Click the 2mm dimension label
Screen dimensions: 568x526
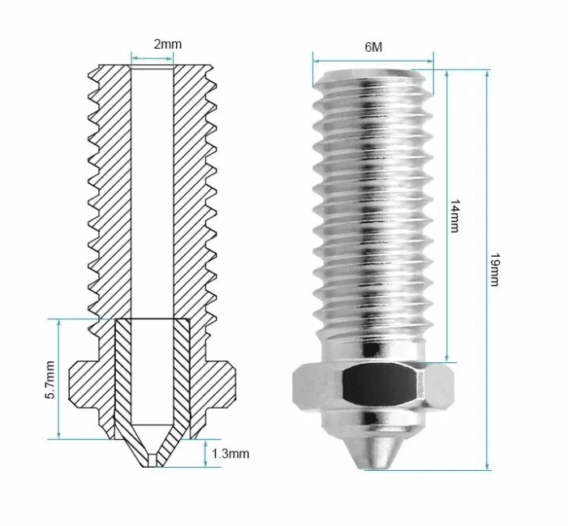tap(168, 44)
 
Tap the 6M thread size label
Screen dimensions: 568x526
tap(373, 47)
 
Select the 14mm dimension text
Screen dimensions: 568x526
tap(454, 216)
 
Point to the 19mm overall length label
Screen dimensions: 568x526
tap(494, 269)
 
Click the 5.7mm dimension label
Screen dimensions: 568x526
tap(50, 379)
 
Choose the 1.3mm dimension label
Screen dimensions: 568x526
tap(230, 454)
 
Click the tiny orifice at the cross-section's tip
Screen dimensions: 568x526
tap(153, 460)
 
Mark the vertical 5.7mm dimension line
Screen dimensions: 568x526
tap(58, 379)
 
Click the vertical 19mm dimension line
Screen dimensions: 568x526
tap(487, 270)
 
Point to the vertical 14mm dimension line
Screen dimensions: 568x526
tap(447, 216)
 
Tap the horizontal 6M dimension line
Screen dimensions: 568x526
tap(373, 61)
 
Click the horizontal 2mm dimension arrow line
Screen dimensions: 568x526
tap(153, 58)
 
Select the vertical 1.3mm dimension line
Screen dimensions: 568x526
tap(205, 453)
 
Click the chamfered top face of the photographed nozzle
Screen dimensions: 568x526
tap(373, 75)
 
